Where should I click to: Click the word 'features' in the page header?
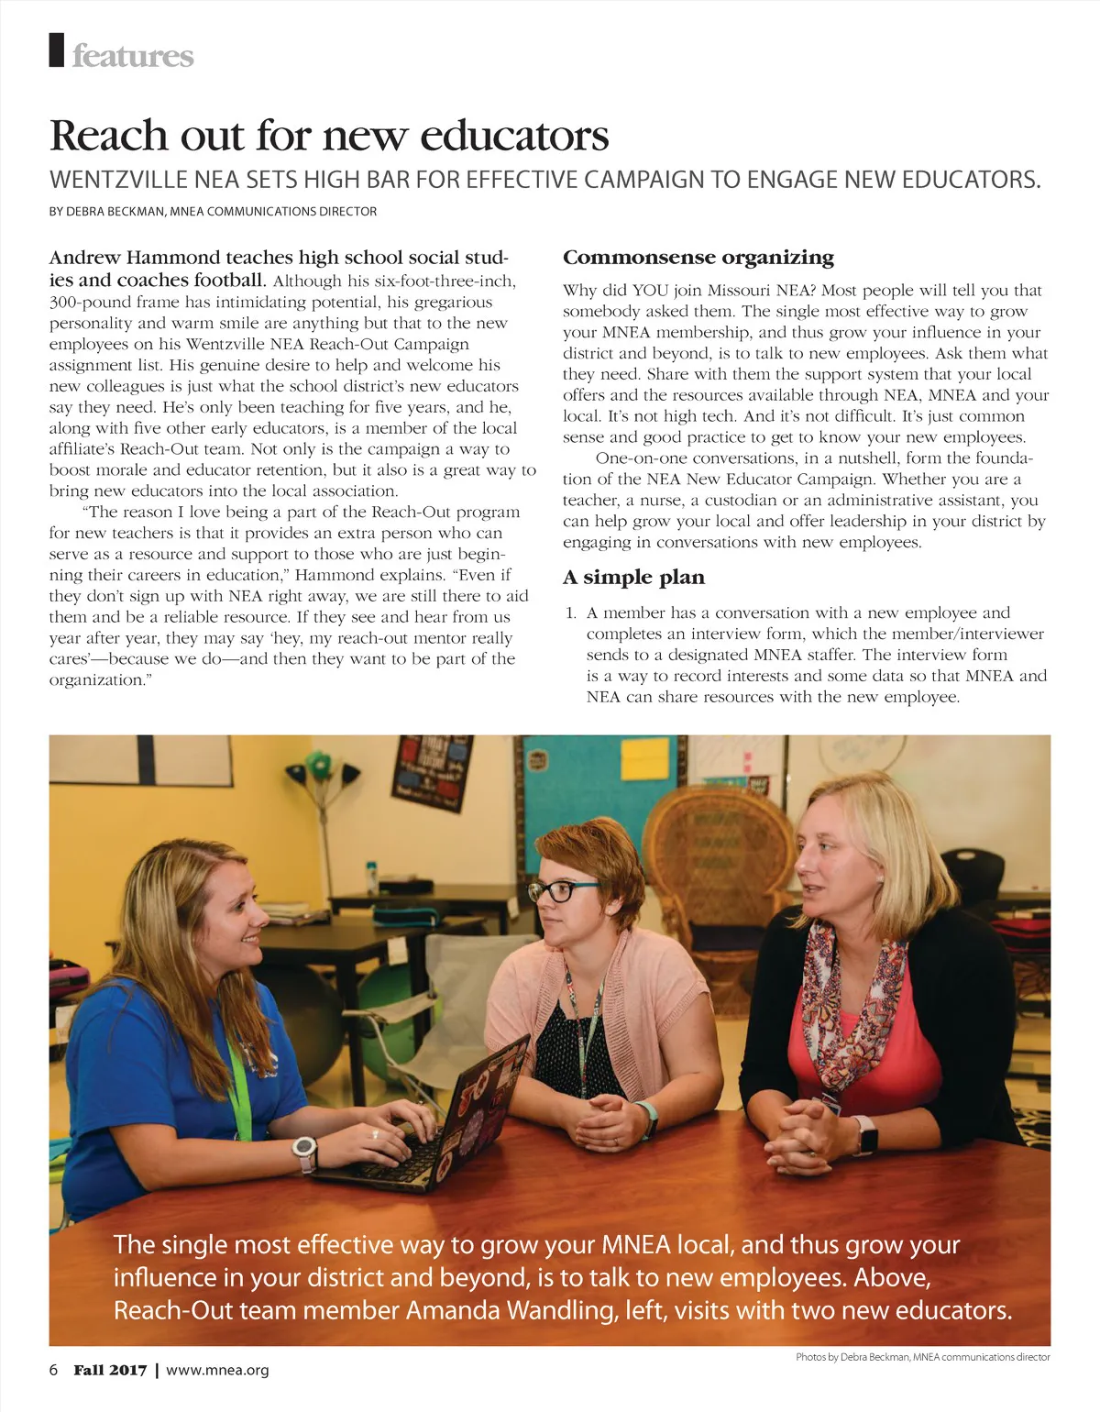[133, 56]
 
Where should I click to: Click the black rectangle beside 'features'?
[57, 50]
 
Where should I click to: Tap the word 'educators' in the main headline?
[514, 136]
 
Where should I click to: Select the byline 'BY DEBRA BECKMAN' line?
[213, 212]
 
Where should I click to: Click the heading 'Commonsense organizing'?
[698, 258]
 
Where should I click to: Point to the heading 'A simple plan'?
[633, 578]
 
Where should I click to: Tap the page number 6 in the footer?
[53, 1370]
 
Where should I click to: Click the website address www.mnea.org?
[217, 1370]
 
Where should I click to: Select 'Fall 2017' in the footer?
[110, 1370]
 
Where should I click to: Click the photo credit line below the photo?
[922, 1357]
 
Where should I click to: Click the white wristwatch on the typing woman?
[304, 1151]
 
